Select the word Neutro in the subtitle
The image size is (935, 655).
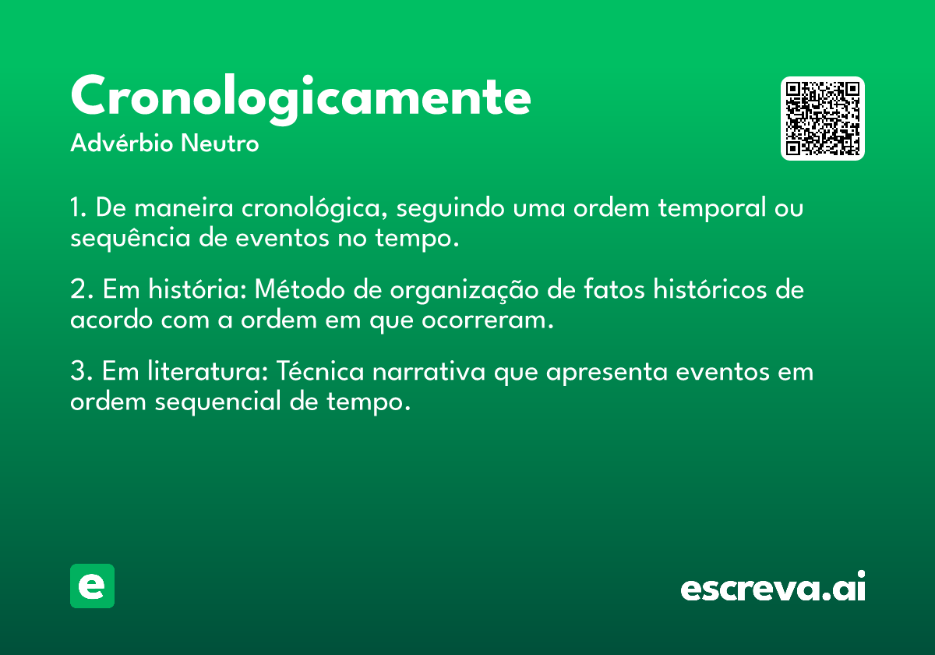pyautogui.click(x=220, y=143)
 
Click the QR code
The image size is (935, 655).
pyautogui.click(x=822, y=119)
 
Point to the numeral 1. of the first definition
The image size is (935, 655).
pyautogui.click(x=78, y=207)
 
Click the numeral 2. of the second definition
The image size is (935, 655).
pyautogui.click(x=81, y=289)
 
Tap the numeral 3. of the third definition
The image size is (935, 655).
pyautogui.click(x=81, y=371)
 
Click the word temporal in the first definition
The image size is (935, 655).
pyautogui.click(x=712, y=208)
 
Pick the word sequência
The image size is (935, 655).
pyautogui.click(x=130, y=238)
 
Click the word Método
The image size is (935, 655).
pyautogui.click(x=300, y=289)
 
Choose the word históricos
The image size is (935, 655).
pyautogui.click(x=710, y=289)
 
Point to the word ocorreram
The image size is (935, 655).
pyautogui.click(x=488, y=320)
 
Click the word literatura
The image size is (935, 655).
pyautogui.click(x=208, y=370)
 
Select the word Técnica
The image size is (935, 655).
pyautogui.click(x=320, y=370)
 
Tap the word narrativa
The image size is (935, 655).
pyautogui.click(x=429, y=371)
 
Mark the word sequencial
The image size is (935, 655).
pyautogui.click(x=218, y=402)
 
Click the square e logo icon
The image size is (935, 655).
pyautogui.click(x=92, y=586)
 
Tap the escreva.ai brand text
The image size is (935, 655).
pyautogui.click(x=773, y=586)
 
